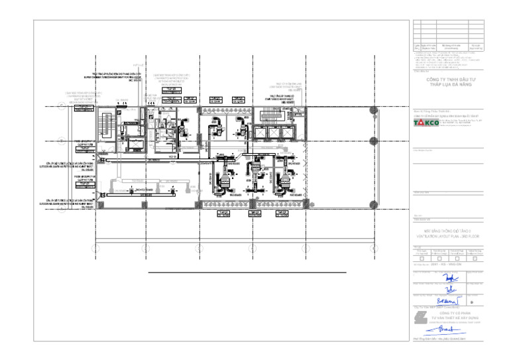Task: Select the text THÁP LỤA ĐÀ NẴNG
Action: click(447, 85)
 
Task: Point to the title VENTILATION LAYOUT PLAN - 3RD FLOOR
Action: click(447, 235)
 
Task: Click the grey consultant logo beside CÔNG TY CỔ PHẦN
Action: click(419, 318)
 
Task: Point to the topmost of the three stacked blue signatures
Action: click(450, 278)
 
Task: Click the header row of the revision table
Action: click(447, 46)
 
